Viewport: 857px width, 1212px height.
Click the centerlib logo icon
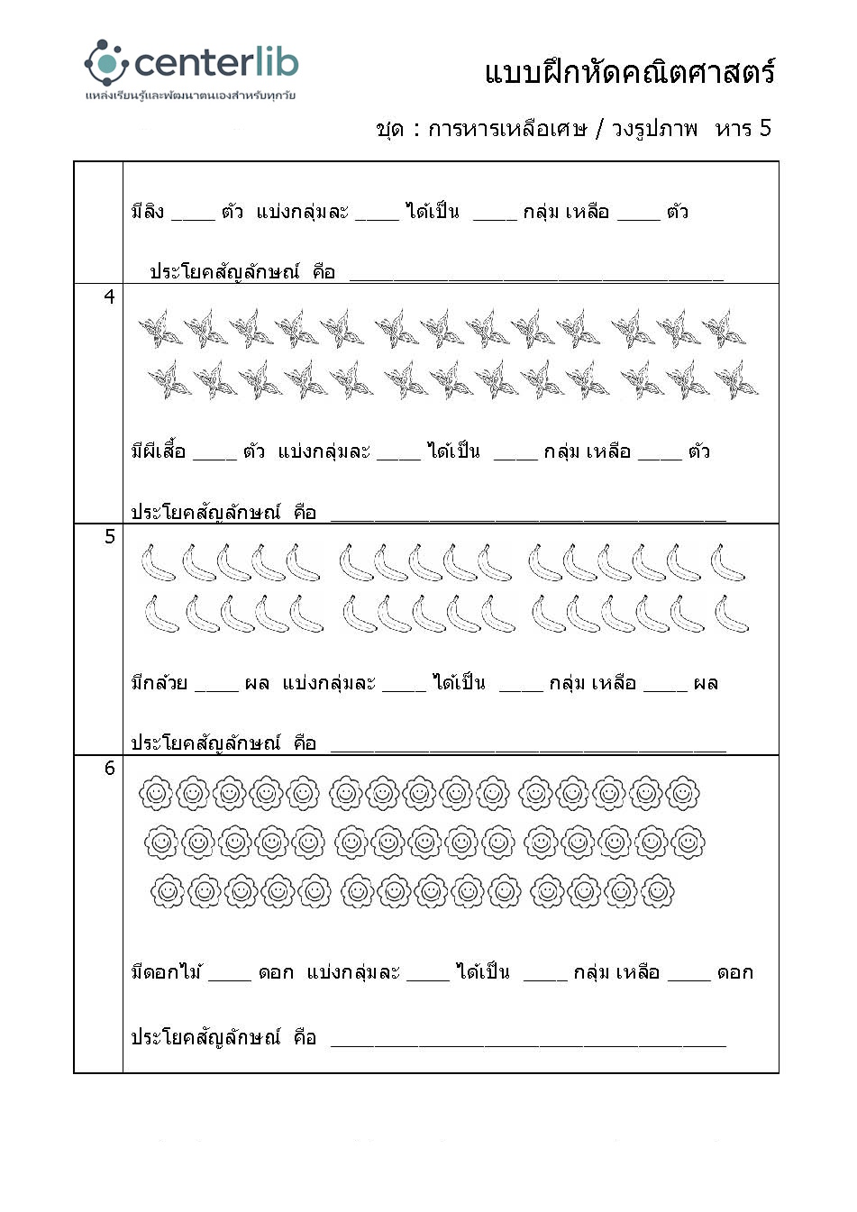[106, 62]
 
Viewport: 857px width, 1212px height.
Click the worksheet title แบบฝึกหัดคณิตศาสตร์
[629, 72]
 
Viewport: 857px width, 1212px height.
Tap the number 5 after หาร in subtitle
[764, 128]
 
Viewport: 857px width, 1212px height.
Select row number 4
[109, 296]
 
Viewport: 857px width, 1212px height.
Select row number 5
[110, 536]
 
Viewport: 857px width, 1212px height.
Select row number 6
[110, 768]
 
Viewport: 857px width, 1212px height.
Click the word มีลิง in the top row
[148, 213]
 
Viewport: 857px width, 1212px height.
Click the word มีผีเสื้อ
[159, 451]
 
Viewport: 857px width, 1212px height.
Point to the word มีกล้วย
[160, 683]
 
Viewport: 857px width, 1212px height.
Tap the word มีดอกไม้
[167, 972]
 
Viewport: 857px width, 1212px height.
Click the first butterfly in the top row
[160, 329]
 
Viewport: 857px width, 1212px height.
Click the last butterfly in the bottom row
[736, 380]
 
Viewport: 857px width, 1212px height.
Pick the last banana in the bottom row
[731, 614]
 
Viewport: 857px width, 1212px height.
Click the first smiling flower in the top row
[155, 793]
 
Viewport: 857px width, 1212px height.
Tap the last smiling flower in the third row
[657, 891]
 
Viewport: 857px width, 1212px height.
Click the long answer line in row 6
[528, 1043]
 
